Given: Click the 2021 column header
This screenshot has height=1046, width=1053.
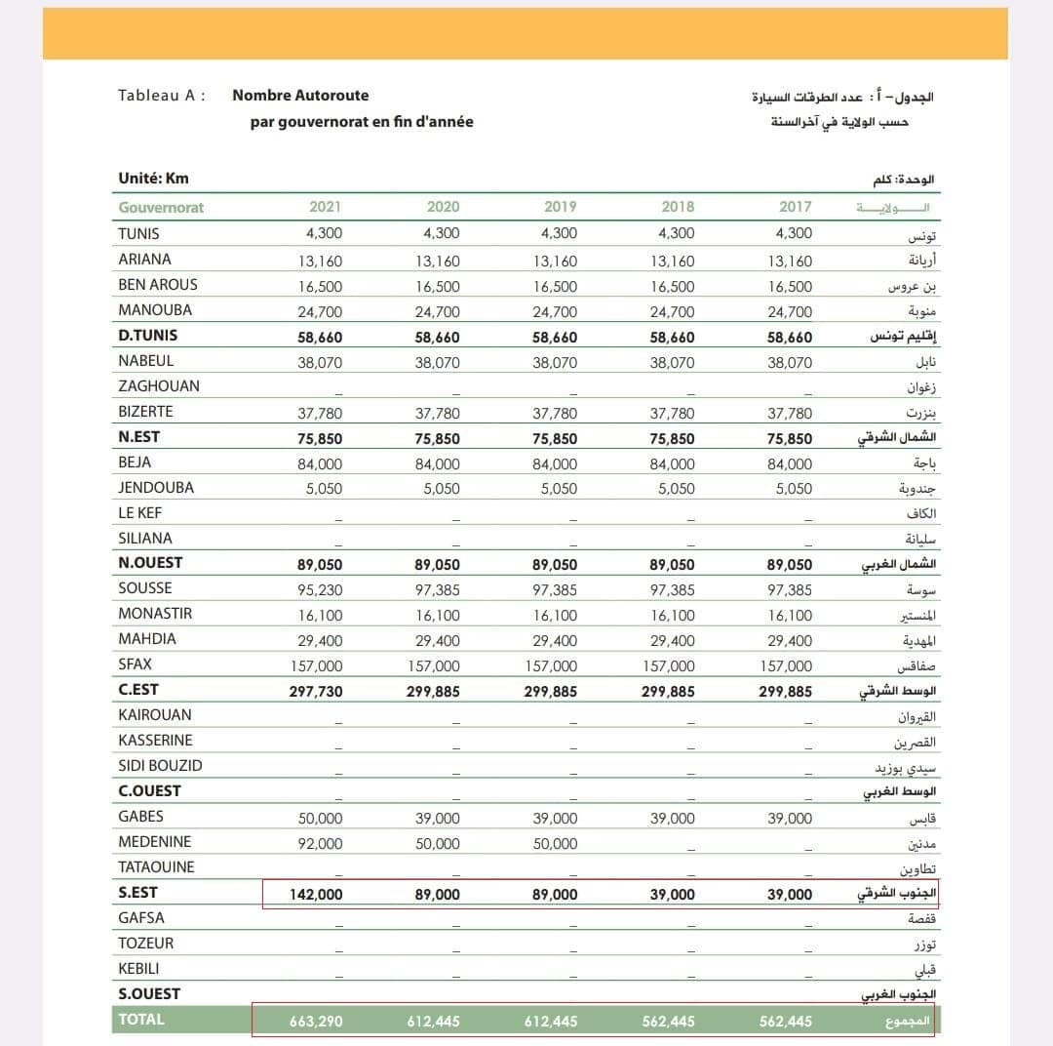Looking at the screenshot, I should pyautogui.click(x=325, y=207).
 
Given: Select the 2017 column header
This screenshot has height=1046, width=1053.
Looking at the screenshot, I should pyautogui.click(x=795, y=207).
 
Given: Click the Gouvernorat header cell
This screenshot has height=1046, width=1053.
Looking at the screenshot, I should pyautogui.click(x=161, y=208).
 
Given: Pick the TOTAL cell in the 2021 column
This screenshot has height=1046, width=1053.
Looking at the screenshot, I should pyautogui.click(x=316, y=1022).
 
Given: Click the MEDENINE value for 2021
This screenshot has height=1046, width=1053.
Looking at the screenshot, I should pyautogui.click(x=320, y=844).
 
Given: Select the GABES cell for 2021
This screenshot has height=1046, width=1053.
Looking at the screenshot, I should pyautogui.click(x=320, y=819).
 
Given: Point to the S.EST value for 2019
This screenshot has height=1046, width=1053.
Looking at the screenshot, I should pyautogui.click(x=554, y=895).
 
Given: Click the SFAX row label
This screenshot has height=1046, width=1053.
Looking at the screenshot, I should pyautogui.click(x=135, y=664).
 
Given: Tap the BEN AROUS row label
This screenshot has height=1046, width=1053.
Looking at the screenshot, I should pyautogui.click(x=158, y=284).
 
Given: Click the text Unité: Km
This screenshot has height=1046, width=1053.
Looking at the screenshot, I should pyautogui.click(x=153, y=179).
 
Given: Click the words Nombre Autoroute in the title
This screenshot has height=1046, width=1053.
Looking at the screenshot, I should pyautogui.click(x=300, y=96).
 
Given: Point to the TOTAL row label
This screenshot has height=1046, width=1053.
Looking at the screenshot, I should pyautogui.click(x=141, y=1019).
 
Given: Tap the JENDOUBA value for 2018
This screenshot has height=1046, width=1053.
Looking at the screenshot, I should pyautogui.click(x=672, y=489).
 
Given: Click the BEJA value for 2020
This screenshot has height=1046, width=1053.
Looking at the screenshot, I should pyautogui.click(x=437, y=463).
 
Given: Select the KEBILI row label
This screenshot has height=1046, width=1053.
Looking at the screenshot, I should pyautogui.click(x=138, y=968).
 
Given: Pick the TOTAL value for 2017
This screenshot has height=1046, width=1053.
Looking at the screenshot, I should pyautogui.click(x=785, y=1022).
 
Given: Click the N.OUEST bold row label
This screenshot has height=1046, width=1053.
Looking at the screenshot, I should pyautogui.click(x=150, y=563).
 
